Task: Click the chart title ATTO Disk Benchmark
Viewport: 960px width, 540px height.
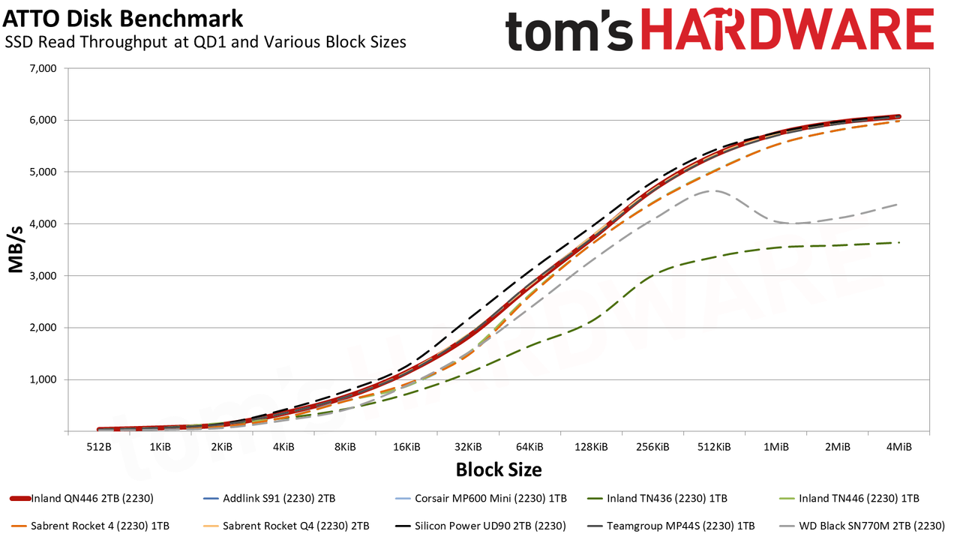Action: coord(123,19)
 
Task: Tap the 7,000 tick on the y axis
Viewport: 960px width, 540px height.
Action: coord(43,68)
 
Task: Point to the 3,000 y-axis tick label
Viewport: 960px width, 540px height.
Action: coord(43,276)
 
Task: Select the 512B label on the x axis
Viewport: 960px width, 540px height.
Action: coord(99,448)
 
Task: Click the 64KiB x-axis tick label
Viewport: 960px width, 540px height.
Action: coord(529,448)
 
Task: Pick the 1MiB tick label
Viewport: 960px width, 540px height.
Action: coord(776,448)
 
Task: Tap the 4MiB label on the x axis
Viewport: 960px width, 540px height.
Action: coord(899,448)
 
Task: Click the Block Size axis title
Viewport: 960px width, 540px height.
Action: coord(499,470)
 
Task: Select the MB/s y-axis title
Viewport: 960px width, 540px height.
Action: coord(16,250)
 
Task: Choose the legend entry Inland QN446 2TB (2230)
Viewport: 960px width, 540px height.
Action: coord(82,499)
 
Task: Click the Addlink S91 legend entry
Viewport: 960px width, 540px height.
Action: coord(268,499)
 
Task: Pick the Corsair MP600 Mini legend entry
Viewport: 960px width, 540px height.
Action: coord(481,499)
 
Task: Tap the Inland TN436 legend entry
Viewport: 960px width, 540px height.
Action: coord(656,499)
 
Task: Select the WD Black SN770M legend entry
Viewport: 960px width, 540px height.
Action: coord(862,526)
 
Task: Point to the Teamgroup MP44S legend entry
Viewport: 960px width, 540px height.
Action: coord(670,526)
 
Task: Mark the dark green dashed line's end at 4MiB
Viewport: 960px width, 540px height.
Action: coord(898,242)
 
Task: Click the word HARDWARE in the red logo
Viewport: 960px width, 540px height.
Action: coord(787,30)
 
